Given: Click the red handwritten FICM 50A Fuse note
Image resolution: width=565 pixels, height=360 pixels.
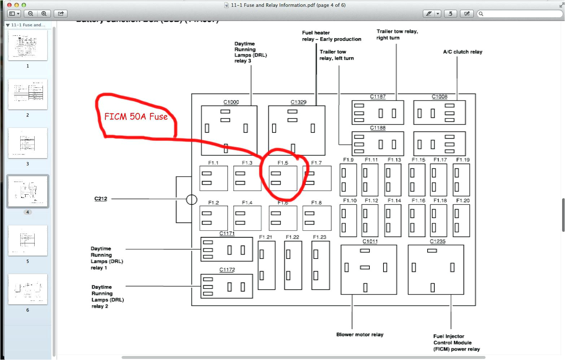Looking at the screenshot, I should point(136,117).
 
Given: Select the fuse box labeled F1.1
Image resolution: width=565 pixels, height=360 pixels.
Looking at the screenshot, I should point(214,178).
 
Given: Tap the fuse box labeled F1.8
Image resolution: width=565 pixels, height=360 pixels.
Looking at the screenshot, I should point(317,218).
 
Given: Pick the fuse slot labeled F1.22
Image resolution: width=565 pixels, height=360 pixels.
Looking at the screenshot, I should point(293,265).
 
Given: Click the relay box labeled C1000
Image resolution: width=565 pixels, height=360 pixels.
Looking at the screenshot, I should point(229,130).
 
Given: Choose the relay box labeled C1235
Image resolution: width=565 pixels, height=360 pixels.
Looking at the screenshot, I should point(436,269).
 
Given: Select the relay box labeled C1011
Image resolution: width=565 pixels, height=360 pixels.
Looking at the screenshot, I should point(369,269).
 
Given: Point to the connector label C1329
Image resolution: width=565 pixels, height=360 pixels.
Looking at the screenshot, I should point(298,102).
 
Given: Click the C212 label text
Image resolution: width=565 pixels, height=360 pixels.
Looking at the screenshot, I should point(101,199).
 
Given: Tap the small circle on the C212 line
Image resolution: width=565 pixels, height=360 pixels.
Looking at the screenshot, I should point(192,199).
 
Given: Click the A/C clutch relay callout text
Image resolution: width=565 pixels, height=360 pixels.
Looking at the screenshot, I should point(463,52).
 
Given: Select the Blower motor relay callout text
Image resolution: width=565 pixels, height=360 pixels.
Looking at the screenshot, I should point(360,335).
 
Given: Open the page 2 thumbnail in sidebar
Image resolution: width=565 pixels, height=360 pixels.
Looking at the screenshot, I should point(28,94).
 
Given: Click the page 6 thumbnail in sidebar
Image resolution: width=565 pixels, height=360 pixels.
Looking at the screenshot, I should point(28,289).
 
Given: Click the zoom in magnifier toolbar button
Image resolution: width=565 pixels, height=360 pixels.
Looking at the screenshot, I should point(44,14).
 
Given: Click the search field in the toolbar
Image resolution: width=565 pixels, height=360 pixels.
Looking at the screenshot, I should point(520,14).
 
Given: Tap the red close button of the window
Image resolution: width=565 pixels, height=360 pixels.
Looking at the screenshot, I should point(9,5).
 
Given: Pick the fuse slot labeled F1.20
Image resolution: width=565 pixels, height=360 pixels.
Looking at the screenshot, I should point(461,221).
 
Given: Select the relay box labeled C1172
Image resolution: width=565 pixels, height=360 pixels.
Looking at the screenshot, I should point(227,286).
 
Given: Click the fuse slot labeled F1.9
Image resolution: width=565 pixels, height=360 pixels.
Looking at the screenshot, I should point(348,180).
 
